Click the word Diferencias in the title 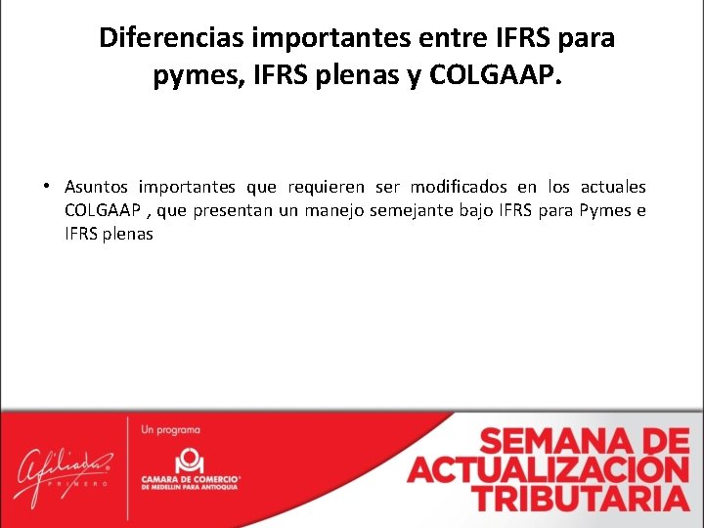(172, 39)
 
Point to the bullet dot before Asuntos (46, 186)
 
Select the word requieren (326, 187)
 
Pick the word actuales (613, 187)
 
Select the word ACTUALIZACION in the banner (549, 469)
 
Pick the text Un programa (171, 429)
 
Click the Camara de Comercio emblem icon (189, 459)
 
